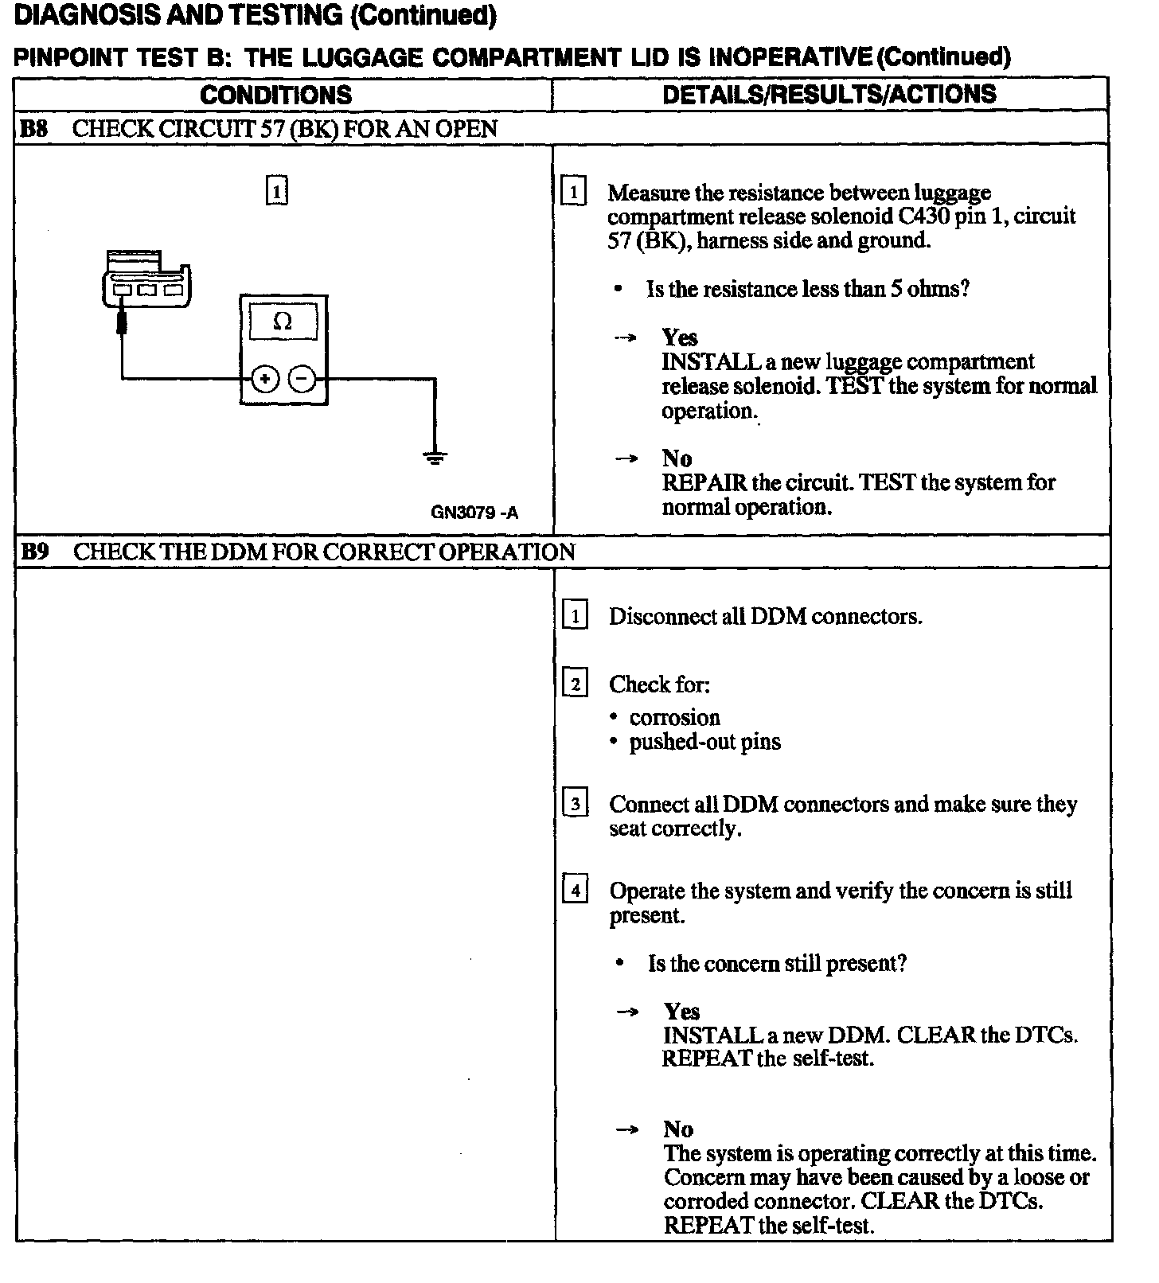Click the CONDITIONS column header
275,96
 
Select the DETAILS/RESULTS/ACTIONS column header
829,95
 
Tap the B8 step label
33,129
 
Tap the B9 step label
34,552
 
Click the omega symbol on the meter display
283,322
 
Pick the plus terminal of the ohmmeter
265,379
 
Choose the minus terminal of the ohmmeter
302,379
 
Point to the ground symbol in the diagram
435,457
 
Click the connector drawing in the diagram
147,279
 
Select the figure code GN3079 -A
474,513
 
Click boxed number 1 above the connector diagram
276,192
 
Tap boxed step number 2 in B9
575,684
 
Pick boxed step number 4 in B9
575,888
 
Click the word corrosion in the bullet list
674,718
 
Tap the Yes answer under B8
680,338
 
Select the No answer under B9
678,1129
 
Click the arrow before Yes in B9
628,1012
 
